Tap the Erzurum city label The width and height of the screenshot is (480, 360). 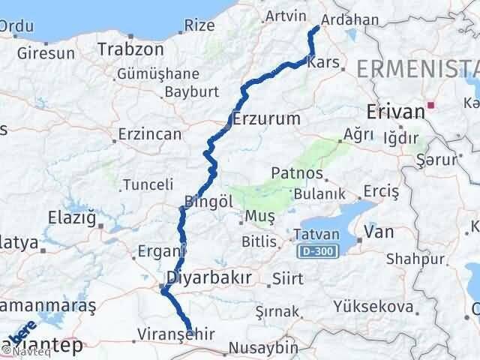266,118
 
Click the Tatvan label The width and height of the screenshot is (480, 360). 316,234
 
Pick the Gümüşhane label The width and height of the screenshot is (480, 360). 157,74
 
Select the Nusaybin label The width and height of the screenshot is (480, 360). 262,349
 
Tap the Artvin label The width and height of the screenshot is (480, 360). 286,15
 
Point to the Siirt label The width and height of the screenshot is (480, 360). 288,278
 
